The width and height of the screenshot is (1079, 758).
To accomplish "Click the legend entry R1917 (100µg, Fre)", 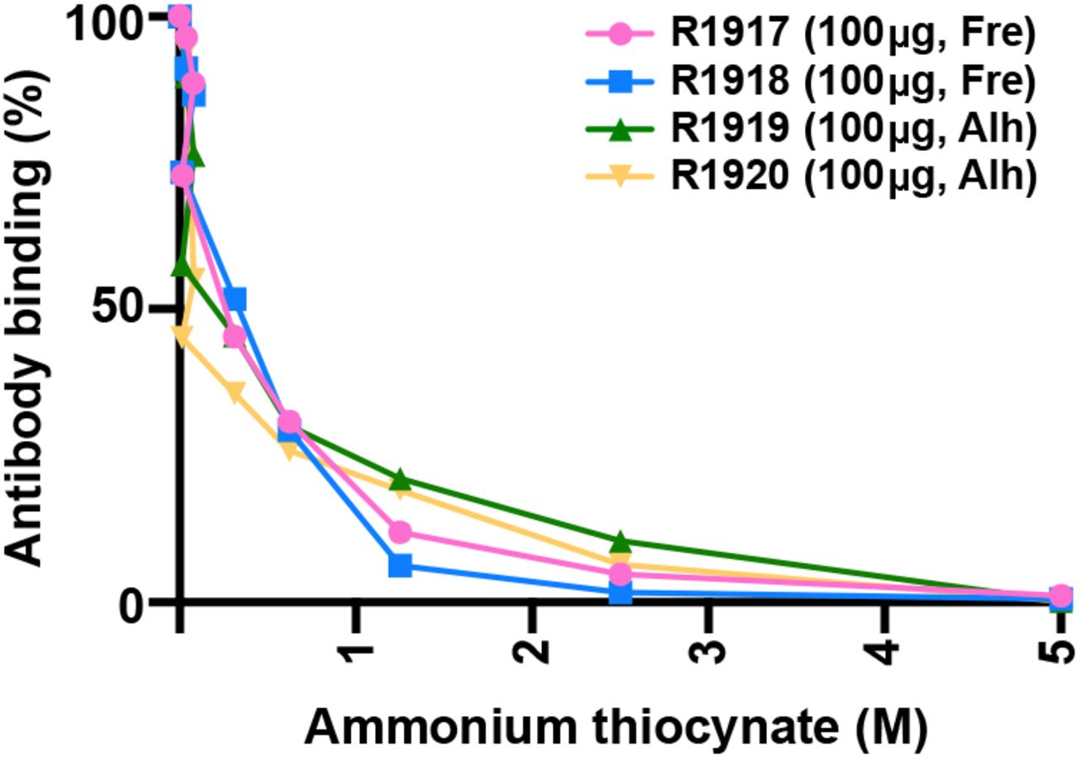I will coord(851,35).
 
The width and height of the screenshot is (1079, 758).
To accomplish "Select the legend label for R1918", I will coord(851,82).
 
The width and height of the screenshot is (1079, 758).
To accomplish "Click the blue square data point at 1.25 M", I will coord(400,565).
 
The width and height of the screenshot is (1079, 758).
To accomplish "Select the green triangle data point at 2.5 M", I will coord(620,541).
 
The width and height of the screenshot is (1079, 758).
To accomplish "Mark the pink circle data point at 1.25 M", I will coord(400,532).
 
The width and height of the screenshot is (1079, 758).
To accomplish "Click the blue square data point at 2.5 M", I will coord(620,593).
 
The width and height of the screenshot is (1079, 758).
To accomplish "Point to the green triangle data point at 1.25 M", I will coord(400,479).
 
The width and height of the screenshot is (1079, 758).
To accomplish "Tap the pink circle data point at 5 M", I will coord(1060,596).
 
